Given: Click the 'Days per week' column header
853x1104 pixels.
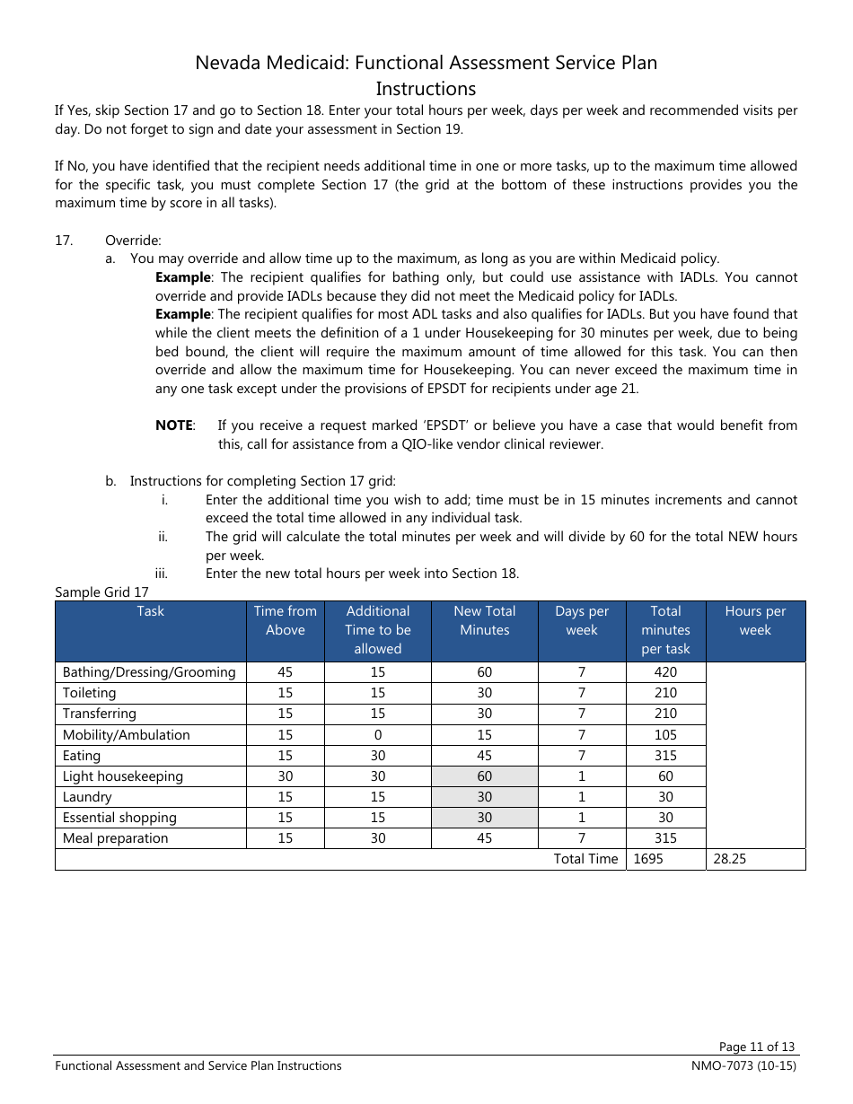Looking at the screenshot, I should [x=582, y=620].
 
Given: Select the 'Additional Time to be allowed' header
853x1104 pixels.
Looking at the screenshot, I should [x=377, y=629].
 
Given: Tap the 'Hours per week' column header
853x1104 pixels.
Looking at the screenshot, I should [x=755, y=620].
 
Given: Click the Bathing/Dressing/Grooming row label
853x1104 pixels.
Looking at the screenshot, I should [x=149, y=672].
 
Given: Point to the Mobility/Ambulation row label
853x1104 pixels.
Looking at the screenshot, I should [x=126, y=735].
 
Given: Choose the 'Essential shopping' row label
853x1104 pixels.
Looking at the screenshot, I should [x=119, y=818].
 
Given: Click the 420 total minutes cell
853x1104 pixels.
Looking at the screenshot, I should [x=665, y=672].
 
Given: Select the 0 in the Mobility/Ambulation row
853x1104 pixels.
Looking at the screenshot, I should [x=377, y=735].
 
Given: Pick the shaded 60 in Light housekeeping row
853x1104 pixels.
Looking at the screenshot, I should [x=485, y=776].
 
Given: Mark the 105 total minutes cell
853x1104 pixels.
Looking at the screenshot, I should [x=665, y=735].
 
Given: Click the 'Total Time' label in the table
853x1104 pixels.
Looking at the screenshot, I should [x=585, y=859].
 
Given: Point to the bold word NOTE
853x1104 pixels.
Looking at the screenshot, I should [x=174, y=425].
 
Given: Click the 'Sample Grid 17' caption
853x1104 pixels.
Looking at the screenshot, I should [x=101, y=592].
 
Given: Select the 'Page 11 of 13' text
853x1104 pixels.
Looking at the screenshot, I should [x=757, y=1047].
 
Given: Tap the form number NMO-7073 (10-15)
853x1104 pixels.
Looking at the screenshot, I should [x=738, y=1066].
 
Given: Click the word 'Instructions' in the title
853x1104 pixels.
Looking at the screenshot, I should [x=426, y=89].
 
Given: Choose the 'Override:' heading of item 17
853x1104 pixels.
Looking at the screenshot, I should [x=133, y=241].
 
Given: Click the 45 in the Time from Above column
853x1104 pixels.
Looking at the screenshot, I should [x=285, y=672].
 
